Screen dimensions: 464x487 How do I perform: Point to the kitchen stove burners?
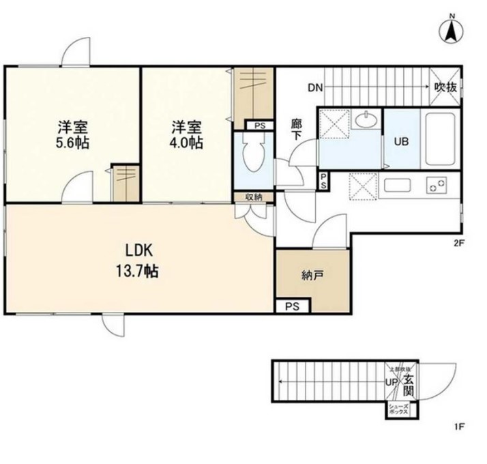(436, 184)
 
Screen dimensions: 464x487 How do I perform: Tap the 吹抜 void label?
(447, 87)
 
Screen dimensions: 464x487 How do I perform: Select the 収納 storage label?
(254, 197)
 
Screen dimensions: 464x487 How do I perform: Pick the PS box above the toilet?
(259, 126)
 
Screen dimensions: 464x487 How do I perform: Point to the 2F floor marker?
(458, 242)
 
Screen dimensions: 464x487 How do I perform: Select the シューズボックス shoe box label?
(398, 410)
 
